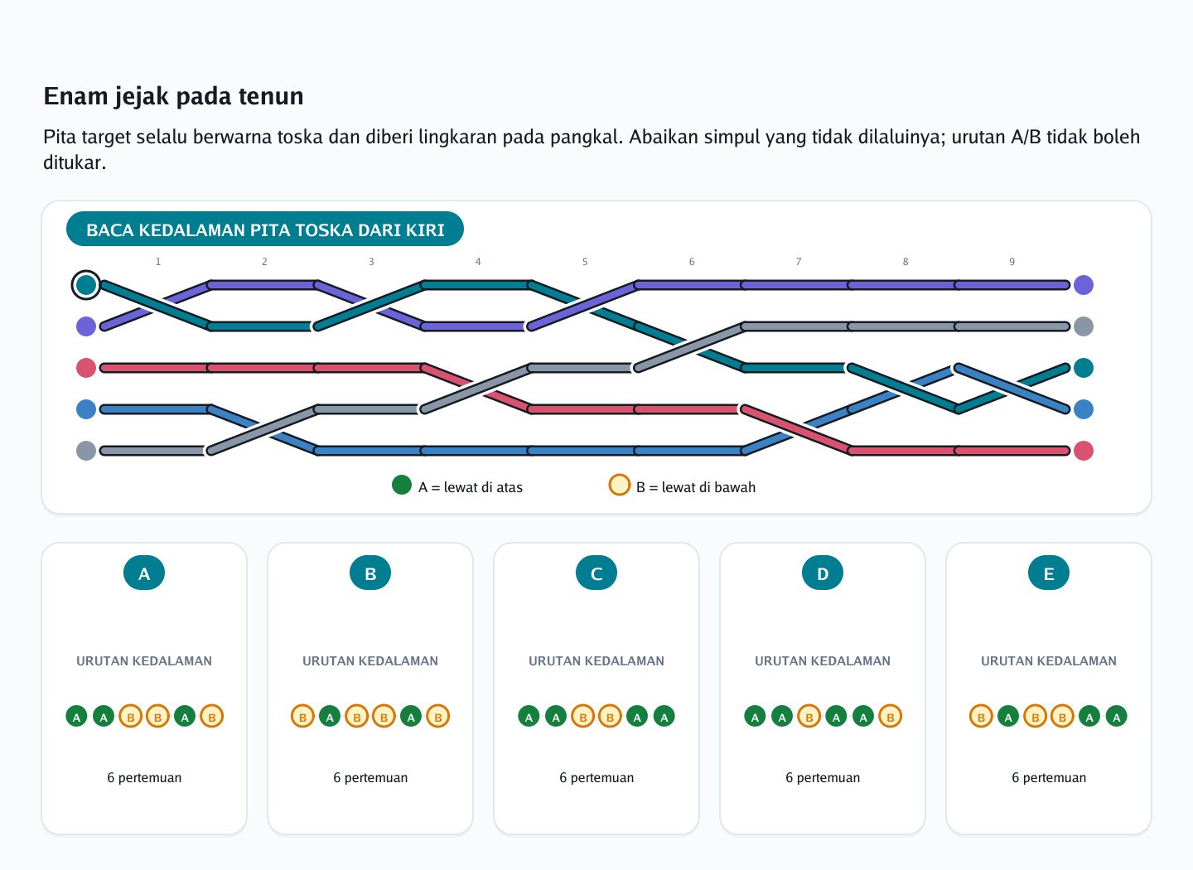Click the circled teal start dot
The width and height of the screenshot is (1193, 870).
click(x=86, y=285)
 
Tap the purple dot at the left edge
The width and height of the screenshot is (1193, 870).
click(x=86, y=326)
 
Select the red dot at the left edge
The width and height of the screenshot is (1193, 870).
click(x=86, y=368)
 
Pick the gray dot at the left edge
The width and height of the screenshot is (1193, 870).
click(x=86, y=451)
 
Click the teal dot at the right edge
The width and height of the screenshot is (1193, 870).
click(x=1084, y=368)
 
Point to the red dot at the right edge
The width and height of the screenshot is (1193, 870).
click(x=1084, y=451)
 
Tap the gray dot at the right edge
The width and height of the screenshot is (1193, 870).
click(x=1084, y=326)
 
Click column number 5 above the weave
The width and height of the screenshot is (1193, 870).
click(x=585, y=262)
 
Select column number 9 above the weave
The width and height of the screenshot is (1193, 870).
click(x=1012, y=262)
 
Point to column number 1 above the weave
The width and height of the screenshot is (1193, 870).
click(x=157, y=262)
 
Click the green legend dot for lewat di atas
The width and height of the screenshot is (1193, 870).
click(x=402, y=485)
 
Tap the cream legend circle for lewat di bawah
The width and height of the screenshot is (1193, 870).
click(x=620, y=485)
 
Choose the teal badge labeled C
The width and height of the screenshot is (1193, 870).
click(x=596, y=573)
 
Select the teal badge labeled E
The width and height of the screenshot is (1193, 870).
click(x=1048, y=573)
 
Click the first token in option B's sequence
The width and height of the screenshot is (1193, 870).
click(x=302, y=716)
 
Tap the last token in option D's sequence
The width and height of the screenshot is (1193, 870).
click(x=890, y=716)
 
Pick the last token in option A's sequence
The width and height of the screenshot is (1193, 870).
click(x=211, y=716)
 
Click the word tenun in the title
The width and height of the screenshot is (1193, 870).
click(x=271, y=96)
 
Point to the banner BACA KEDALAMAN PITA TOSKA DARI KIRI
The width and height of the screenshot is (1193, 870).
click(x=265, y=229)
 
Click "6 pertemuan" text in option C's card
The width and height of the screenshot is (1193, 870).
click(x=596, y=777)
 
